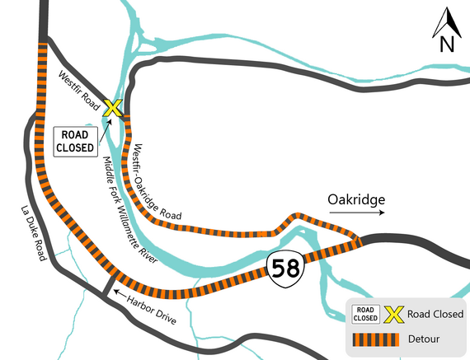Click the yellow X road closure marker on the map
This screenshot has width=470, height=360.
(x=113, y=107)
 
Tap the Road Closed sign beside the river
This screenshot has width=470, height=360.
(x=75, y=143)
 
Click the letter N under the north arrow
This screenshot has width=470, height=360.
(x=447, y=44)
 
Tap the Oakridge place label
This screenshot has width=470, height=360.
(x=355, y=199)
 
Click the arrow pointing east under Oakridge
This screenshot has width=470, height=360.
(x=356, y=213)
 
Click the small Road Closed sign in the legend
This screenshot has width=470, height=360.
(x=366, y=313)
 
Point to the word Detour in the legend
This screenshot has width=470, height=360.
(x=423, y=339)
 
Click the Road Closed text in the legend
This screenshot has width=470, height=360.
(x=435, y=313)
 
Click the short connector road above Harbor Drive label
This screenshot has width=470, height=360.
(x=106, y=284)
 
